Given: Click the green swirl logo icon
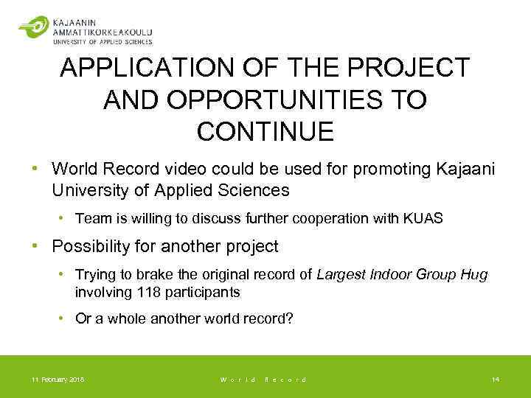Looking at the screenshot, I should [32, 27].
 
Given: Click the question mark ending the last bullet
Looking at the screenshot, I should [291, 318].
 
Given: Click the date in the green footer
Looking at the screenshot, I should [58, 379].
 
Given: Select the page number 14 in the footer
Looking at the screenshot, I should [496, 379].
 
